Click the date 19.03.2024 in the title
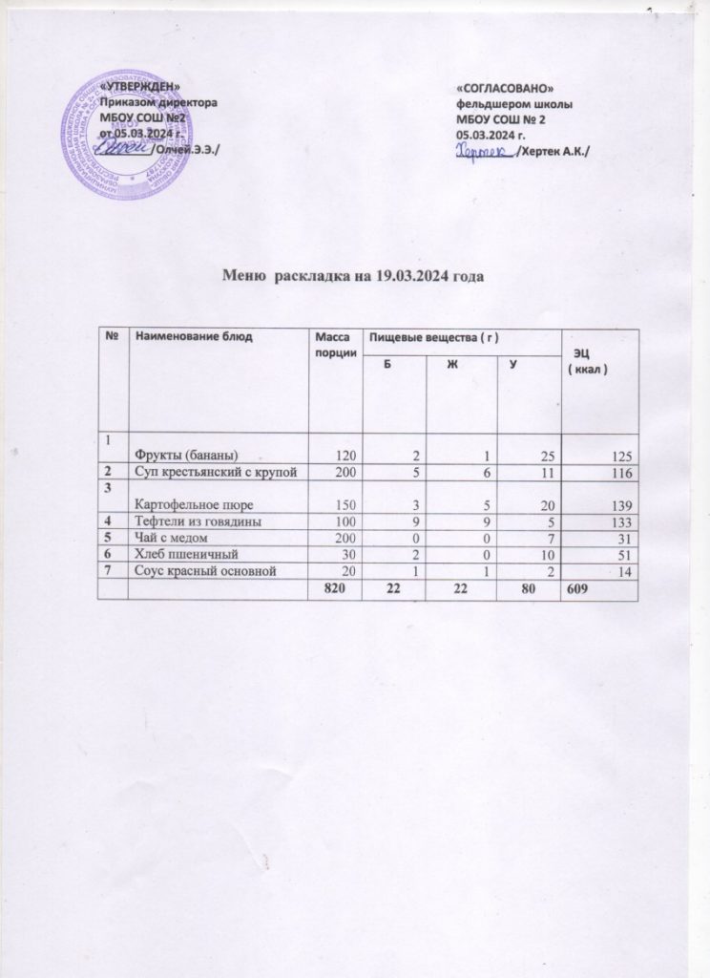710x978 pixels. coord(412,276)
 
